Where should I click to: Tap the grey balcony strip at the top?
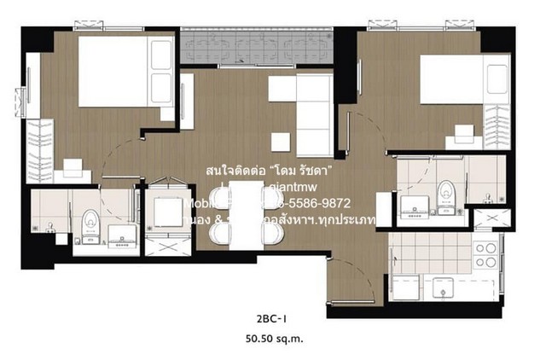coord(256,40)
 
